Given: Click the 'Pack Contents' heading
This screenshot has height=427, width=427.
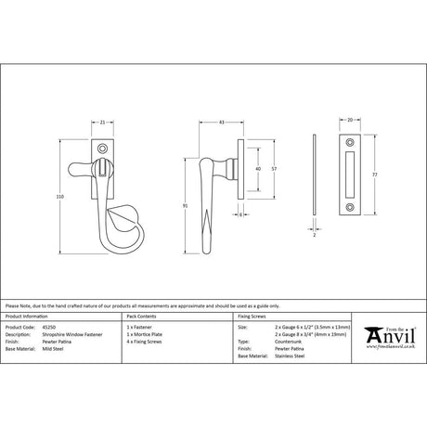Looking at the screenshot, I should [145, 317].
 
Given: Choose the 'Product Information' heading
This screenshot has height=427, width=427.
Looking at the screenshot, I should [28, 317].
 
